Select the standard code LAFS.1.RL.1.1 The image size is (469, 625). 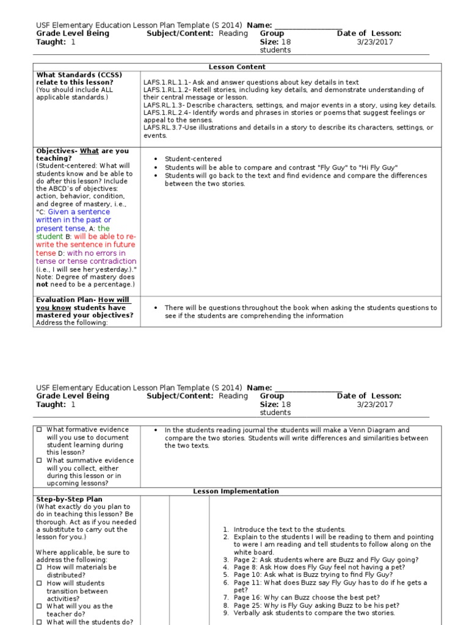pos(167,82)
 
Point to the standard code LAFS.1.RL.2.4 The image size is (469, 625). pos(167,113)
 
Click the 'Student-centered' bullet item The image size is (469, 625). pos(193,159)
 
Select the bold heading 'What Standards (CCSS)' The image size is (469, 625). pos(79,75)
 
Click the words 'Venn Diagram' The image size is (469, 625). pos(373,430)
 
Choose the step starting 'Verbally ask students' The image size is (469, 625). pos(314,613)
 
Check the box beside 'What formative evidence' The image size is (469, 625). pos(39,430)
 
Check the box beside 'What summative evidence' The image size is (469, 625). pos(39,461)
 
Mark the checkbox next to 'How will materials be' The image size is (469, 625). pos(39,568)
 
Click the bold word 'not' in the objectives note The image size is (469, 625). pos(42,284)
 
